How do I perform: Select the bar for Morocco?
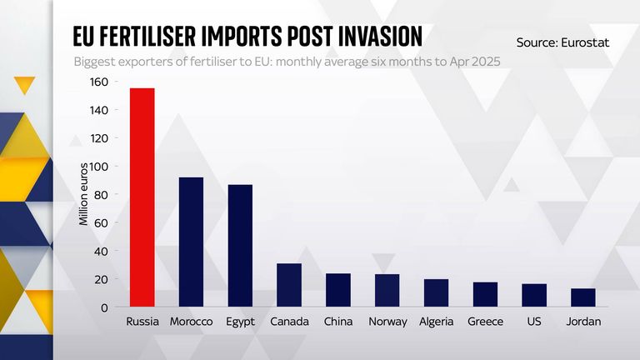(191, 242)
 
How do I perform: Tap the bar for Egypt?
(240, 246)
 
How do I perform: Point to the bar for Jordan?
(583, 297)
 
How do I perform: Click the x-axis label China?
(338, 322)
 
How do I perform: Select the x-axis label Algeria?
(436, 322)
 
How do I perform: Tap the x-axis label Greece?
(485, 322)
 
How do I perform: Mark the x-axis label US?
(534, 322)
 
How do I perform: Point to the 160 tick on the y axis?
(98, 82)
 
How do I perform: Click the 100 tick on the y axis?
(98, 167)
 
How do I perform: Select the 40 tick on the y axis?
(102, 251)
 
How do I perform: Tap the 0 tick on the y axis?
(105, 307)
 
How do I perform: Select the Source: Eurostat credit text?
(563, 41)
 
